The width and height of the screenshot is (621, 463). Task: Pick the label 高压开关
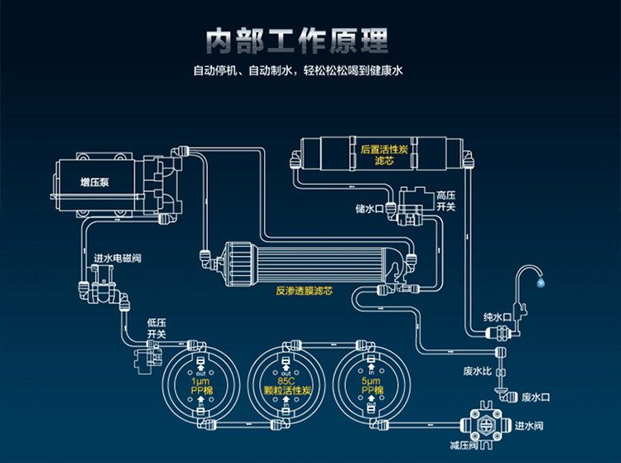(445, 200)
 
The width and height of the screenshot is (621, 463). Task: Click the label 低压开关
(156, 328)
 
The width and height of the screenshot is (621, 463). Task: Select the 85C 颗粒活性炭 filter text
(286, 386)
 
